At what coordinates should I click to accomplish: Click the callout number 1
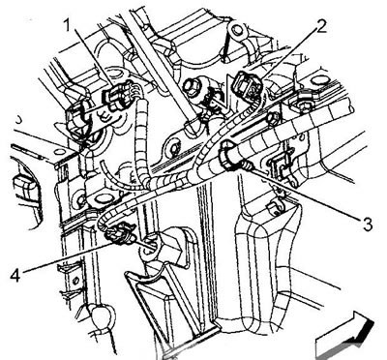click(x=67, y=24)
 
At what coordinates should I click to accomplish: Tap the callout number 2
click(x=319, y=26)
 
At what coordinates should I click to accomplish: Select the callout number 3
click(x=368, y=225)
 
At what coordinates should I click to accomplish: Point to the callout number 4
click(x=15, y=275)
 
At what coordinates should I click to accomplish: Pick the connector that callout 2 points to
click(x=248, y=84)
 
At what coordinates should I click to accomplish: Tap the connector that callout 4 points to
click(x=120, y=236)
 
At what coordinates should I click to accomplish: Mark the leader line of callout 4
click(x=64, y=258)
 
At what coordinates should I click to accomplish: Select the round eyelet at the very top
click(x=237, y=30)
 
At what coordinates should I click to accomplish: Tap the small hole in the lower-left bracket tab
click(x=75, y=280)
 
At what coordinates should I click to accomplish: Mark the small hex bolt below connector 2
click(x=273, y=119)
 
